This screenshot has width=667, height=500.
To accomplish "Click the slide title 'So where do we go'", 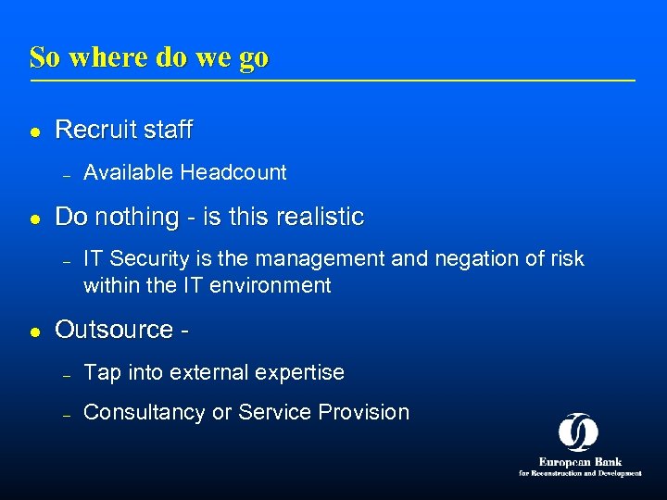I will [x=149, y=57].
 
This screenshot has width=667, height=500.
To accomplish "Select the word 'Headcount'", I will [x=233, y=172].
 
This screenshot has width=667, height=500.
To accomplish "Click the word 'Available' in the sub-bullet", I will [x=129, y=172].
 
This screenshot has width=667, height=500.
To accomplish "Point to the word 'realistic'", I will [x=319, y=218].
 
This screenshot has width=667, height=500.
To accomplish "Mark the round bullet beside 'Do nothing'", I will [x=34, y=219].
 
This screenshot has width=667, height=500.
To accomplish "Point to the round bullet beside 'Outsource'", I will [x=34, y=331].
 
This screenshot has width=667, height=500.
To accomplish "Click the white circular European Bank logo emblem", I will [x=578, y=431].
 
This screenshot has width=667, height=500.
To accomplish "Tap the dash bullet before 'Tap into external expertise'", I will [x=67, y=375].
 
